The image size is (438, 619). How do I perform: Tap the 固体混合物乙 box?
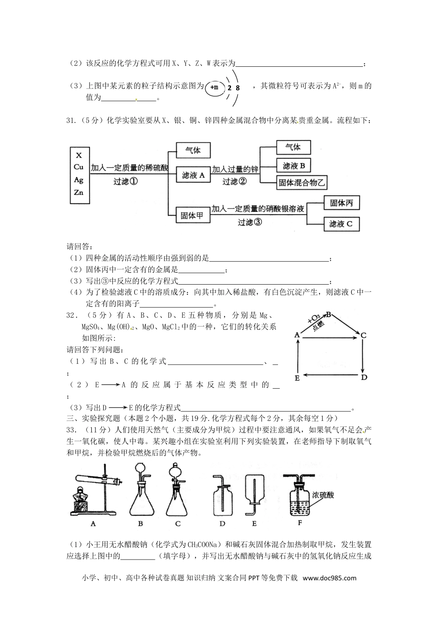point(302,182)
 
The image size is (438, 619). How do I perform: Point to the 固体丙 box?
point(341,203)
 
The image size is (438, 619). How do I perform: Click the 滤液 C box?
point(341,224)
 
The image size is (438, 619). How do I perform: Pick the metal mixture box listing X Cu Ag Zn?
point(79,175)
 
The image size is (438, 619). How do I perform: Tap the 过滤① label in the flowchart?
point(125,181)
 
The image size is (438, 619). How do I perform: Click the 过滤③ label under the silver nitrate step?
point(249,222)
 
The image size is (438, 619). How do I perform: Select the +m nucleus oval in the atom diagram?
point(214,87)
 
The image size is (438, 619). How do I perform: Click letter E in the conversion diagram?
point(297,378)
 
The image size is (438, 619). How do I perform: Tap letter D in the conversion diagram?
point(363,378)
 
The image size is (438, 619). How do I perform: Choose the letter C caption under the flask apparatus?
point(178,524)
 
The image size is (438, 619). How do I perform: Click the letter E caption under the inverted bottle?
point(254,524)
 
